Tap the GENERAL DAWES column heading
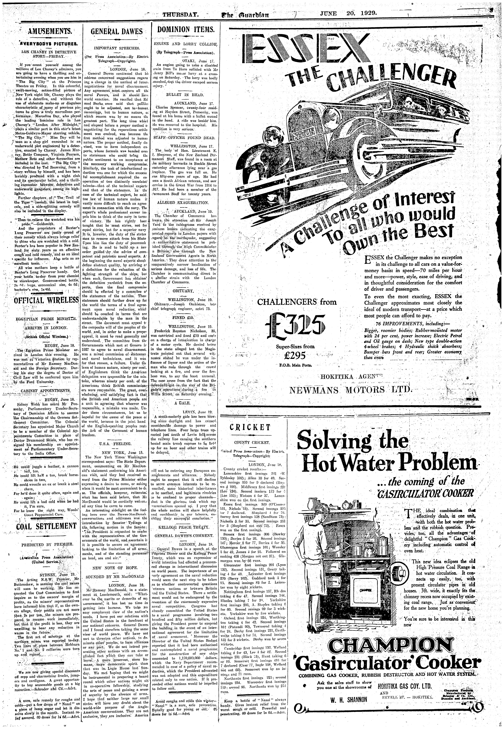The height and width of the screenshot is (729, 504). (117, 32)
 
